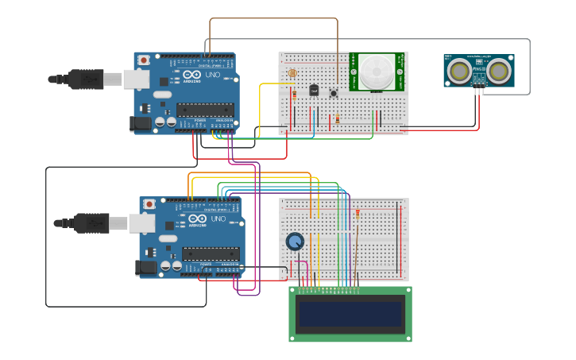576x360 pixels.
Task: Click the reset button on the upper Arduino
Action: click(x=144, y=60)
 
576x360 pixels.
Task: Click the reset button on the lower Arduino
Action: click(x=149, y=204)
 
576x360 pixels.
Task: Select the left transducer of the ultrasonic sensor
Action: click(x=458, y=71)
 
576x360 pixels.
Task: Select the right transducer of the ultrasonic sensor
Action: click(x=498, y=71)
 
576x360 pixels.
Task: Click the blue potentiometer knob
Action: click(x=295, y=242)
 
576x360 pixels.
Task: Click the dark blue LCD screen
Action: click(x=350, y=315)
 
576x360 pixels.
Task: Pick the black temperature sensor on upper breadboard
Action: click(x=314, y=90)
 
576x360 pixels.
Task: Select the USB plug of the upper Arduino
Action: click(x=83, y=79)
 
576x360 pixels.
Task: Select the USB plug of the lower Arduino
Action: click(x=89, y=223)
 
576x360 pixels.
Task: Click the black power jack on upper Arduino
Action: click(x=141, y=123)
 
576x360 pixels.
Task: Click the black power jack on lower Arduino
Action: click(x=147, y=268)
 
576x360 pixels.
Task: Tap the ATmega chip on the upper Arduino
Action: click(x=205, y=109)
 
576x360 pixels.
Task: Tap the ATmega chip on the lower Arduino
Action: click(x=211, y=254)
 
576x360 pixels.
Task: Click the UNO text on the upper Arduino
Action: click(x=214, y=75)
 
